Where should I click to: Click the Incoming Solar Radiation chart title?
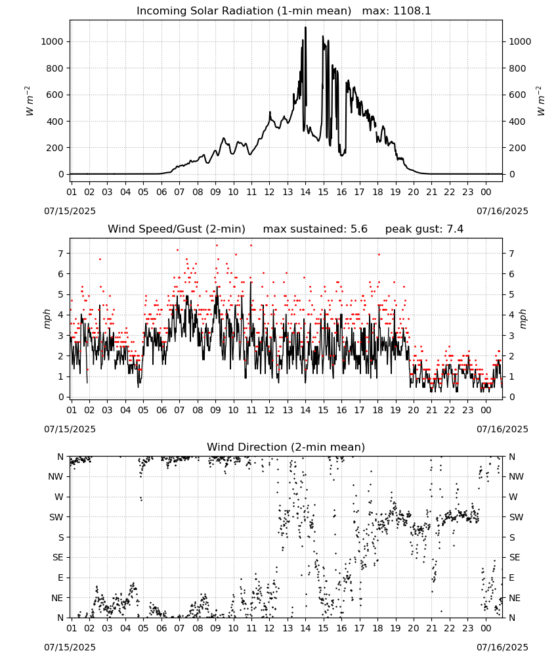coord(244,11)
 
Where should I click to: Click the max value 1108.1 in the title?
coord(412,11)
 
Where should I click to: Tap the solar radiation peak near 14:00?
coord(305,28)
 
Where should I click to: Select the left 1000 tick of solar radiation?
coord(52,41)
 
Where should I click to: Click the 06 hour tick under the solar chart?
coord(161,192)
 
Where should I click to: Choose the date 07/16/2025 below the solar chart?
coord(502,211)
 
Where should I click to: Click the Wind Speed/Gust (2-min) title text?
coord(177,229)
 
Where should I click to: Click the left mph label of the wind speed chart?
coord(47,319)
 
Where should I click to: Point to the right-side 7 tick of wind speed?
coord(511,254)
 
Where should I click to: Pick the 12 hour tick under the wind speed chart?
coord(269,410)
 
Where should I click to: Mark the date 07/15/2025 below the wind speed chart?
coord(70,429)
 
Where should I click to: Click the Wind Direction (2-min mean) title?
coord(286,447)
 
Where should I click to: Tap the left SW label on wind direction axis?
coord(56,517)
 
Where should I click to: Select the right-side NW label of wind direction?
coord(516,476)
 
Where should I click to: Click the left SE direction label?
coord(58,557)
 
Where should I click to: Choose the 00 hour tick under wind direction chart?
coord(486,628)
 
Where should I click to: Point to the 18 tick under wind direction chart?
coord(377,628)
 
